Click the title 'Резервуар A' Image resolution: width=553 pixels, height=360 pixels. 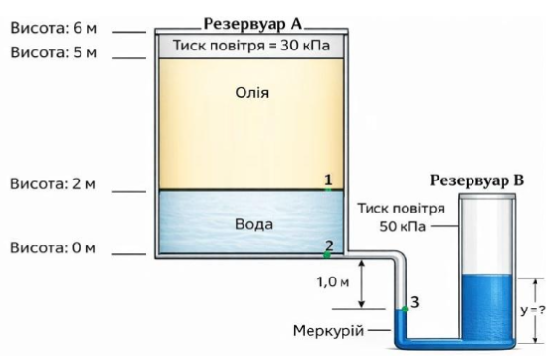(x=253, y=24)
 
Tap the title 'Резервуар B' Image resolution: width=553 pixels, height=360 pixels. (x=476, y=180)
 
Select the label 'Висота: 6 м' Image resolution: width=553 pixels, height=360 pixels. (x=53, y=28)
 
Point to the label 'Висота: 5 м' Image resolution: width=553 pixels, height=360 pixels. (x=53, y=52)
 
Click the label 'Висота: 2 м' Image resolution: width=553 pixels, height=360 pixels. (x=52, y=184)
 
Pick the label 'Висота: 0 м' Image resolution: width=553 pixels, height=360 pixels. (x=52, y=247)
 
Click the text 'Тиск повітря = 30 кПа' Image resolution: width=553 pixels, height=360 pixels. (x=251, y=46)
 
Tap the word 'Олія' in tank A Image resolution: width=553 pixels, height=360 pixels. (x=252, y=93)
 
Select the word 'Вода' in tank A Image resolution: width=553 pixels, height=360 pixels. (x=253, y=224)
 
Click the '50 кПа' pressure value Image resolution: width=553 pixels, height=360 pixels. (x=403, y=226)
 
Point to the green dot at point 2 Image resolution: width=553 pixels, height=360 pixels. (x=327, y=254)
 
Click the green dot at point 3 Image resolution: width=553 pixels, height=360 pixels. (x=406, y=309)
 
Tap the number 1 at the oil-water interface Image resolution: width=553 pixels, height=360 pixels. (x=328, y=180)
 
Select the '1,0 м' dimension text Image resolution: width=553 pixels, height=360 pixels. (x=333, y=281)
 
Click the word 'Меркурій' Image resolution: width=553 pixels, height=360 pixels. (x=328, y=331)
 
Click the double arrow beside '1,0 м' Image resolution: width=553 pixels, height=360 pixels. (x=362, y=284)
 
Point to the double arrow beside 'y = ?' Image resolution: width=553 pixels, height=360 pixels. (x=535, y=311)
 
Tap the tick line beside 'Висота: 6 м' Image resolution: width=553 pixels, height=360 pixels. (x=129, y=32)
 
